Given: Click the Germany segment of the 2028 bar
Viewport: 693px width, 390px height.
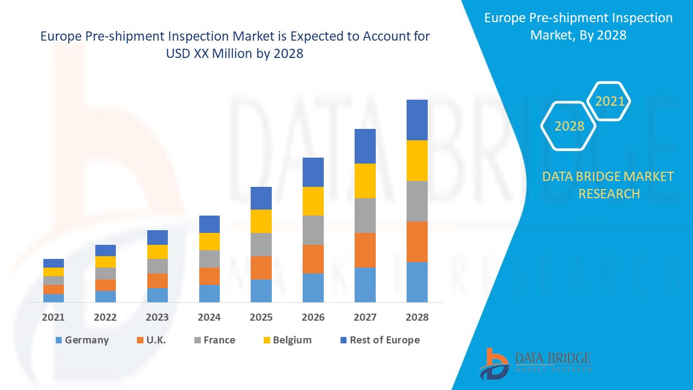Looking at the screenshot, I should pos(417,282).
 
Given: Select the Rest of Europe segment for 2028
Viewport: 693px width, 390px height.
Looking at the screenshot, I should pos(417,120).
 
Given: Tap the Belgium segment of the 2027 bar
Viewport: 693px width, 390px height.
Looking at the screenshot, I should pos(365,180).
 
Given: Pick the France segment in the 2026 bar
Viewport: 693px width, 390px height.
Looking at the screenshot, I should pos(313,230).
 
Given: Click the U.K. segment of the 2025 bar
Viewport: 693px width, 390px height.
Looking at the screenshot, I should pos(261,268).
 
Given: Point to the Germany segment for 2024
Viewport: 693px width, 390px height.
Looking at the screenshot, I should pos(210,293).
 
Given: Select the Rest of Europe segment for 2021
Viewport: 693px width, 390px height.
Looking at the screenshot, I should pos(54,263).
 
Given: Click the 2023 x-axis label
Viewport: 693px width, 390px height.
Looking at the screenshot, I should pos(157,317).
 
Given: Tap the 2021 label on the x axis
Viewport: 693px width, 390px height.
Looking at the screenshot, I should pos(54,317).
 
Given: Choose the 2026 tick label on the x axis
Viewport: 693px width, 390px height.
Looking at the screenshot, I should pos(313,317).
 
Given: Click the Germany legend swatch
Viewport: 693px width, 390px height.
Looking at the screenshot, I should pos(58,340).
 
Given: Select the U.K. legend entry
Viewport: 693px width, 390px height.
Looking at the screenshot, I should pos(152,340).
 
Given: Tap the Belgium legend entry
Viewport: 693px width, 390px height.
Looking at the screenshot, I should pos(287,340).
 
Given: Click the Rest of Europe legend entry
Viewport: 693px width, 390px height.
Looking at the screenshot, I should pos(379,340).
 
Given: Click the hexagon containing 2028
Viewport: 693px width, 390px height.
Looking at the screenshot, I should pos(568,126).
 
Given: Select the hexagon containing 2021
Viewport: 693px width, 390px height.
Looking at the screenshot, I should pos(609,101).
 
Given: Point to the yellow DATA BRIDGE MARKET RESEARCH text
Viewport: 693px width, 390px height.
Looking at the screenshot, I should pos(608,185).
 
